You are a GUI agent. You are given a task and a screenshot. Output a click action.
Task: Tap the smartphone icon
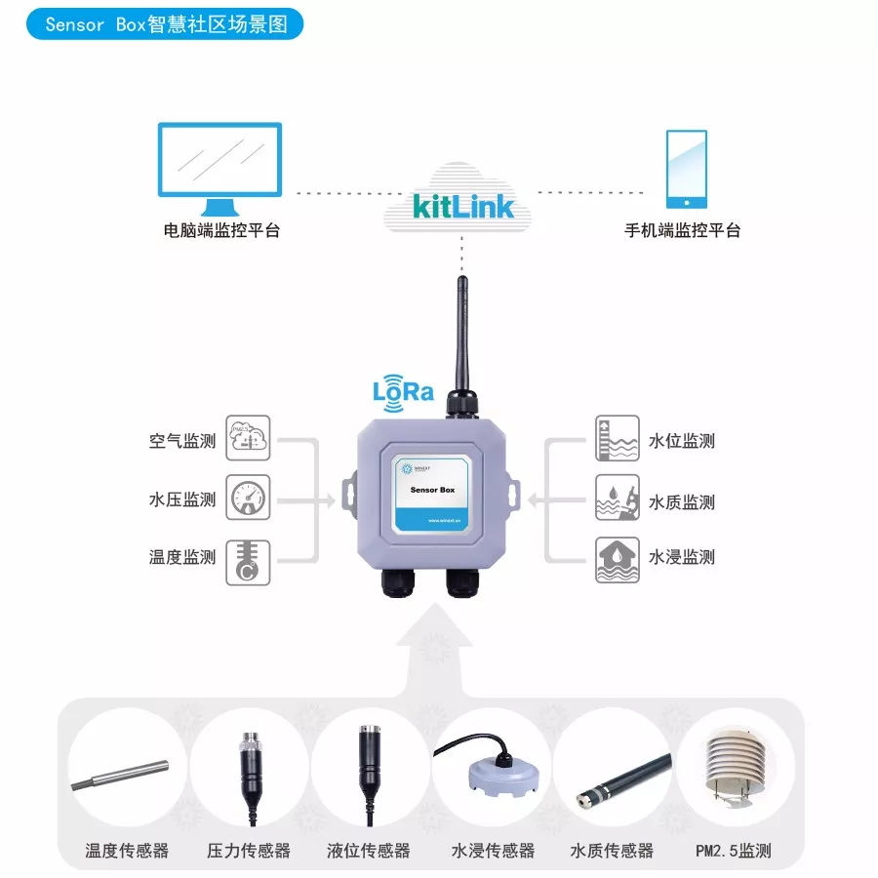[686, 168]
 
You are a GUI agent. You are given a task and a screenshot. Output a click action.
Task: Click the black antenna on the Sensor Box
[461, 337]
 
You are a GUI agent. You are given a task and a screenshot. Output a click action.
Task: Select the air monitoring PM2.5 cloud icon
[248, 439]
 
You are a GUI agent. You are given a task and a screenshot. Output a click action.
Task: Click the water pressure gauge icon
[248, 498]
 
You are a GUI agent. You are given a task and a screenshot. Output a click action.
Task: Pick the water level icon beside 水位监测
[618, 439]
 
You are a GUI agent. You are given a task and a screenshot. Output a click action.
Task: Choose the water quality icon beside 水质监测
[618, 499]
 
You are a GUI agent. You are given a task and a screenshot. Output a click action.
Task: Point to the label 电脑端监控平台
[221, 231]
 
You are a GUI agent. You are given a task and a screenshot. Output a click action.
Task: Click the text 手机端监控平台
[682, 231]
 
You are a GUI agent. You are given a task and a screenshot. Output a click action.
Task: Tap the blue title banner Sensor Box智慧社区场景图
[160, 24]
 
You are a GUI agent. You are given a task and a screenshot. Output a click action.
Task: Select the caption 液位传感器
[368, 851]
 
